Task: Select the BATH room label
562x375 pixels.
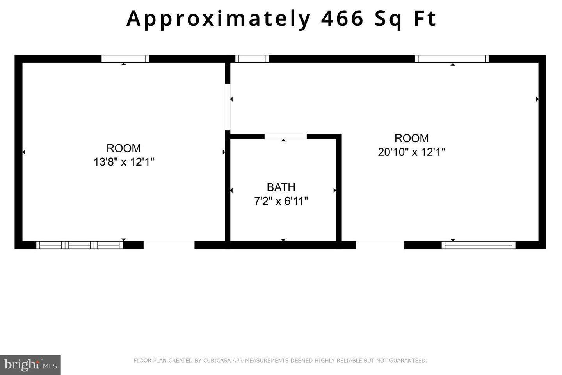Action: click(x=281, y=187)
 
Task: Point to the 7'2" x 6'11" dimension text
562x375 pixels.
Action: click(x=281, y=201)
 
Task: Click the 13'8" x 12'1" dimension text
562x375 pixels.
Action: click(x=124, y=162)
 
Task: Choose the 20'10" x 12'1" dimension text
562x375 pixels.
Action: click(x=411, y=152)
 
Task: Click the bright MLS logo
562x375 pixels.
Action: click(x=30, y=365)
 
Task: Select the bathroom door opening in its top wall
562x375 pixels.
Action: click(x=286, y=136)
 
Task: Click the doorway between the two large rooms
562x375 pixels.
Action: click(x=228, y=107)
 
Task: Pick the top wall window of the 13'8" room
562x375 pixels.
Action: click(x=125, y=59)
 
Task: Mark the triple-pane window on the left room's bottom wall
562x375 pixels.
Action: click(x=80, y=245)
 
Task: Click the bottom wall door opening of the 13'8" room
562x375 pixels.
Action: click(x=169, y=245)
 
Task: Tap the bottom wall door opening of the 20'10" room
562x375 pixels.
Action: click(x=380, y=245)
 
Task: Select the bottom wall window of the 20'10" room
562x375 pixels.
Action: click(x=478, y=245)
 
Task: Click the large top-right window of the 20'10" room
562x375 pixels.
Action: click(x=452, y=59)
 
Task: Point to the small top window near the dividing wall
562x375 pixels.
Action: click(x=252, y=59)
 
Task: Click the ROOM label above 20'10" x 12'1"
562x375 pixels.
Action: click(x=411, y=138)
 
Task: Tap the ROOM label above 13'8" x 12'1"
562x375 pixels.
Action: click(x=124, y=148)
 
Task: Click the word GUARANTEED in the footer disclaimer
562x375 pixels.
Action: click(x=408, y=361)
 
